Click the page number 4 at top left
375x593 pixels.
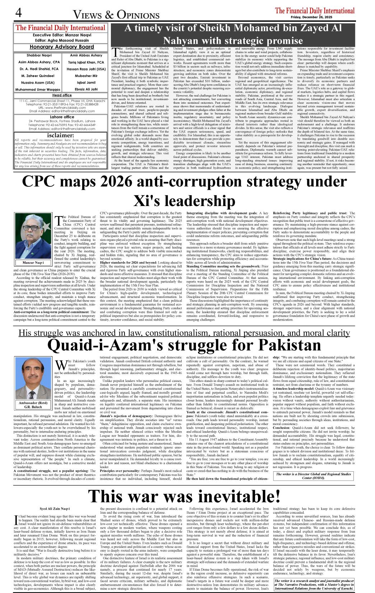point(18,13)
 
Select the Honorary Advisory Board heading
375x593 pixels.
point(61,47)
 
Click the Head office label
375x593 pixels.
point(62,95)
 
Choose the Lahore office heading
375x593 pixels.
point(62,117)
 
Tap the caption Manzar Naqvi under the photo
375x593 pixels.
point(33,263)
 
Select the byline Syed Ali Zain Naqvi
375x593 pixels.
point(55,509)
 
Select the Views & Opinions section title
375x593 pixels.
point(116,15)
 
